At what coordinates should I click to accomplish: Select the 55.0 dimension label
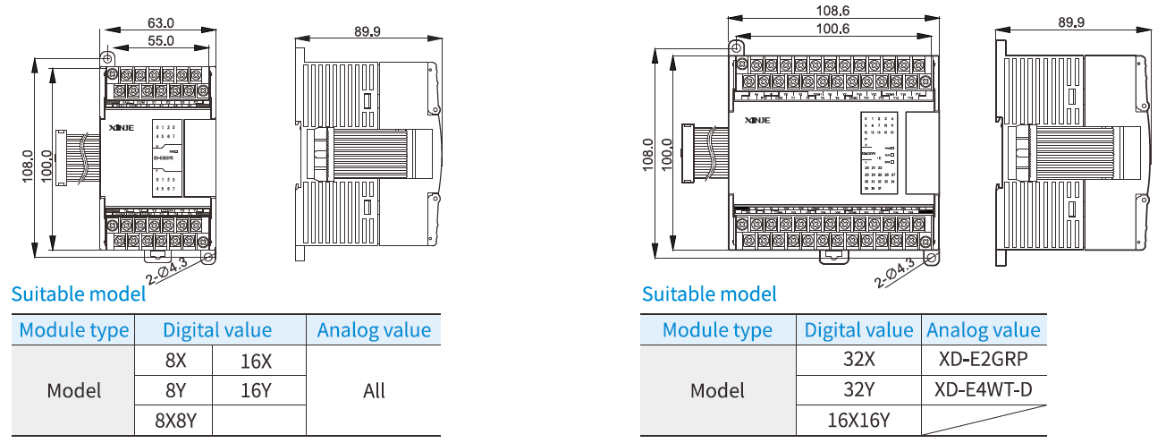159,41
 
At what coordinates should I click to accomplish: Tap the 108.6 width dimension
833,12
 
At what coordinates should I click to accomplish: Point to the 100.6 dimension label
833,29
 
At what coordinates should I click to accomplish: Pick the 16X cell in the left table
256,362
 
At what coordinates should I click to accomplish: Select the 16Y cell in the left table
256,391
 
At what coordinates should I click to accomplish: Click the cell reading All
374,391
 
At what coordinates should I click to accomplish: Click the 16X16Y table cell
858,421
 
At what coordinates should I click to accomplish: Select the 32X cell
858,361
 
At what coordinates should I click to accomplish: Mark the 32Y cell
858,390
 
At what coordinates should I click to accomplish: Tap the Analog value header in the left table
374,330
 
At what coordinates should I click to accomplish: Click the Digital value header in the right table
858,330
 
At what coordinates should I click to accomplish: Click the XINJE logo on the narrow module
121,128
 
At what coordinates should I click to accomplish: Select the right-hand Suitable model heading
709,294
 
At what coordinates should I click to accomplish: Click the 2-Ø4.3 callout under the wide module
894,273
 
